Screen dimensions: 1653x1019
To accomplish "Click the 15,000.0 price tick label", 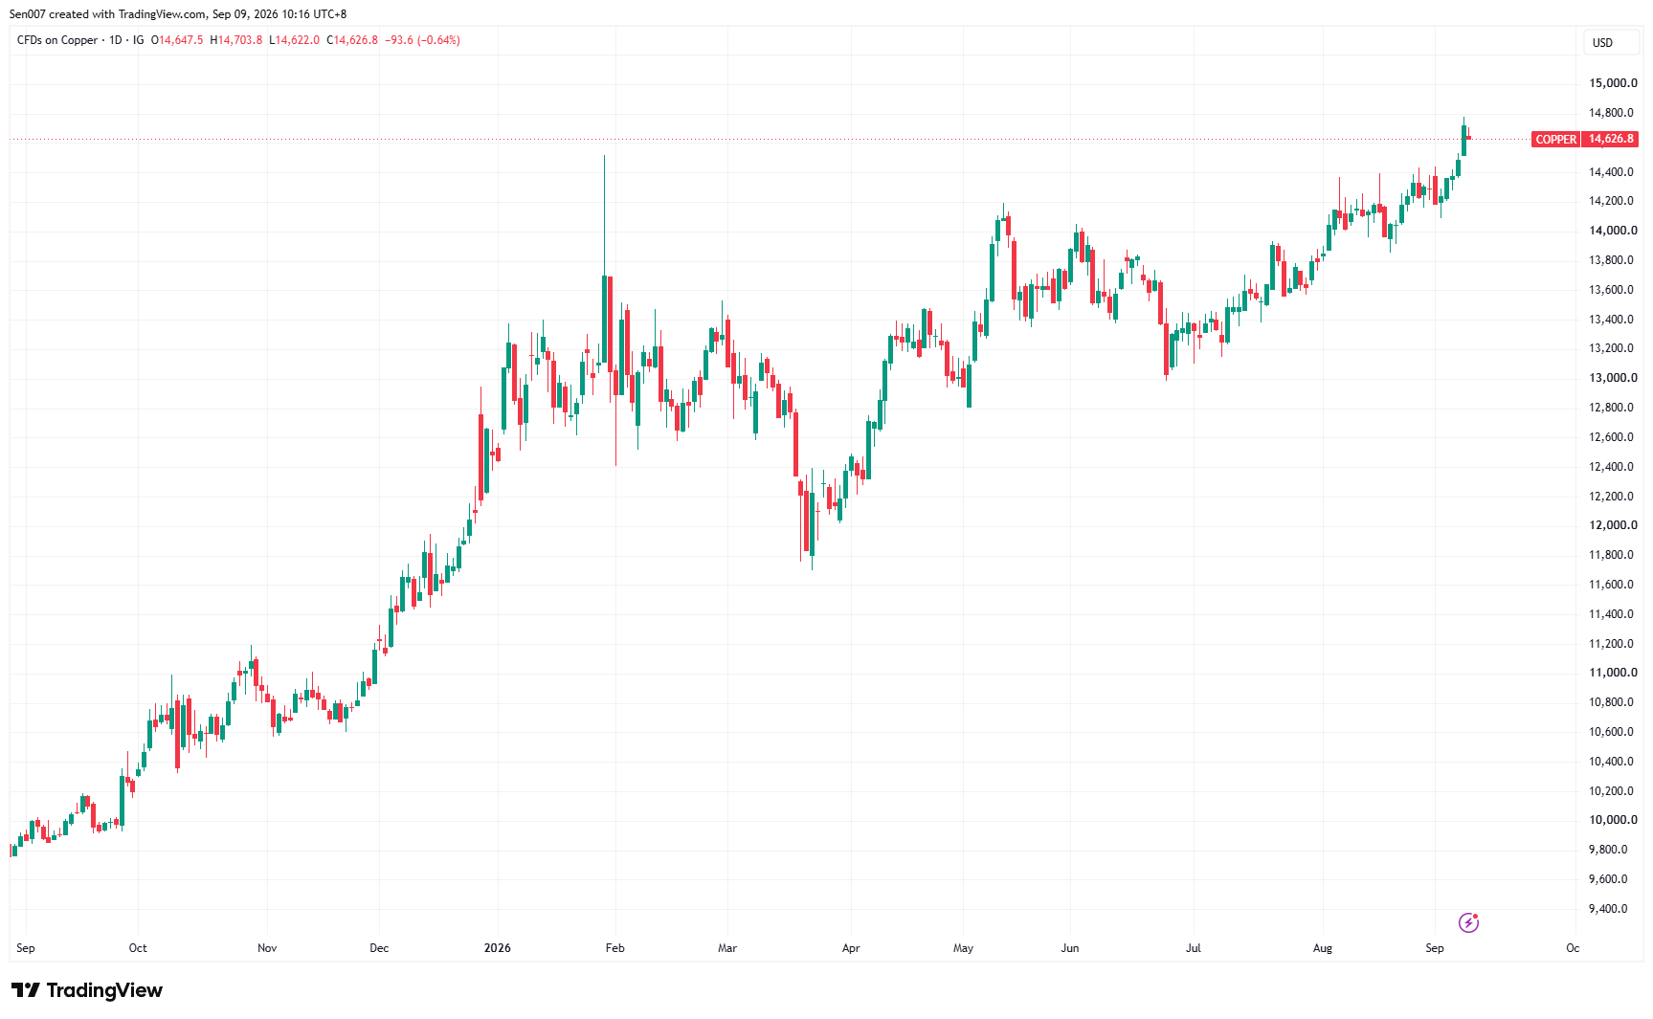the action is pos(1613,83).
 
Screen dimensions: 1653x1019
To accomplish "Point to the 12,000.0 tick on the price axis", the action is pos(1613,525).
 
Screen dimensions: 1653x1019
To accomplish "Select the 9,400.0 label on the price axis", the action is pos(1608,909).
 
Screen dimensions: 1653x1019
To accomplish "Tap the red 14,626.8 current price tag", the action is pos(1611,139).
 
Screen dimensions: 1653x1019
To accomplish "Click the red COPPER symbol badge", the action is pos(1555,139).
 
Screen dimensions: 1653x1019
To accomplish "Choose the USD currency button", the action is pos(1602,43).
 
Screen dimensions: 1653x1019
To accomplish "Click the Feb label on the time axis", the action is pos(615,948).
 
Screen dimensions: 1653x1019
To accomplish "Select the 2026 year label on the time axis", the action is pos(498,948).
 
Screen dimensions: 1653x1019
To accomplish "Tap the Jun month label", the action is pos(1070,948).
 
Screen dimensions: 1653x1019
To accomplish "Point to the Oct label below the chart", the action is pos(138,948).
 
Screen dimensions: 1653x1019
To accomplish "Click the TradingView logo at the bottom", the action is pos(87,990).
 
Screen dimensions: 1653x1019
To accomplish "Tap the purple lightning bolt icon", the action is pos(1468,922).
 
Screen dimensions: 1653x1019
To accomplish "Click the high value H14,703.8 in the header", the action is pos(236,40).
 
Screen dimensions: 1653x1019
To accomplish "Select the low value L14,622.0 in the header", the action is pos(295,40).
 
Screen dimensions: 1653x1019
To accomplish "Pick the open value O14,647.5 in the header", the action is pos(177,40).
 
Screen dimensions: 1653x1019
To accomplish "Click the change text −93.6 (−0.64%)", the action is pos(422,40).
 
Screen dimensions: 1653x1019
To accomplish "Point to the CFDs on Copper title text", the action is pos(57,40).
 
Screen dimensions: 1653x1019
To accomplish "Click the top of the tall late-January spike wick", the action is pos(604,155).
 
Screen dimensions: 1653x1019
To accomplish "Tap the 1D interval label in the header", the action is pos(116,40).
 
